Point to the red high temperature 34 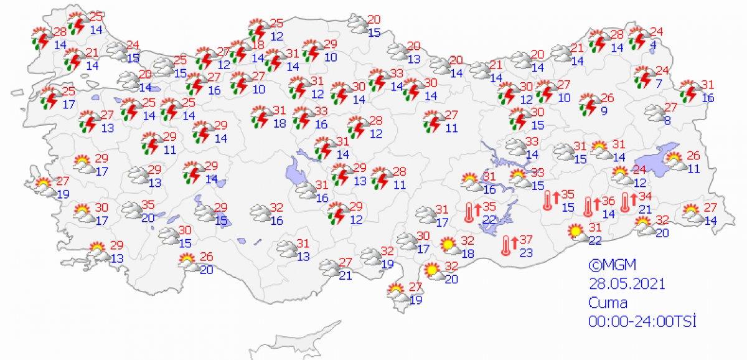pyautogui.click(x=645, y=198)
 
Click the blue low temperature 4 pyautogui.click(x=652, y=44)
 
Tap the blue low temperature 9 pyautogui.click(x=604, y=112)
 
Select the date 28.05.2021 pyautogui.click(x=628, y=284)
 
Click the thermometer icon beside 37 pyautogui.click(x=509, y=245)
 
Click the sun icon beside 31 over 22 pyautogui.click(x=576, y=233)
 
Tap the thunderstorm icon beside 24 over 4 pyautogui.click(x=638, y=39)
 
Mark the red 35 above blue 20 pyautogui.click(x=147, y=205)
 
